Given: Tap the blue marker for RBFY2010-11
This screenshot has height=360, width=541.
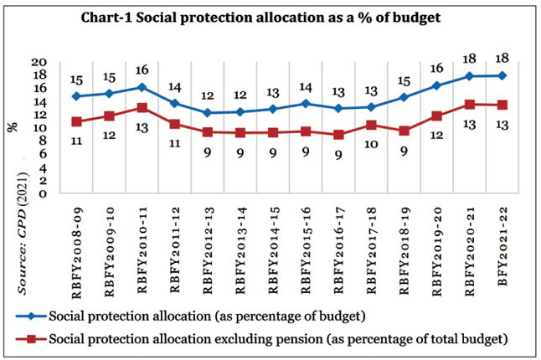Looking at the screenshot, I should click(142, 87).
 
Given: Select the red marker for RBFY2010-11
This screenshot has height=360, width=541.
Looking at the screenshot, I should click(142, 107).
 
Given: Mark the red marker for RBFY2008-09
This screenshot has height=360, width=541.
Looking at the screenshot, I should click(77, 121).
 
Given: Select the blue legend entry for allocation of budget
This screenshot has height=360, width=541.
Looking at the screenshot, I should click(218, 316).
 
